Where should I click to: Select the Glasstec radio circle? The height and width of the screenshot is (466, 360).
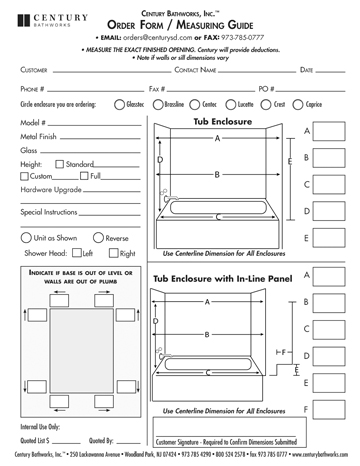pos(120,103)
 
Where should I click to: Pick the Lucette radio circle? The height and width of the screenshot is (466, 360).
pos(227,103)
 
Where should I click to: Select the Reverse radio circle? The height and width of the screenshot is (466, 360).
pos(86,237)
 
